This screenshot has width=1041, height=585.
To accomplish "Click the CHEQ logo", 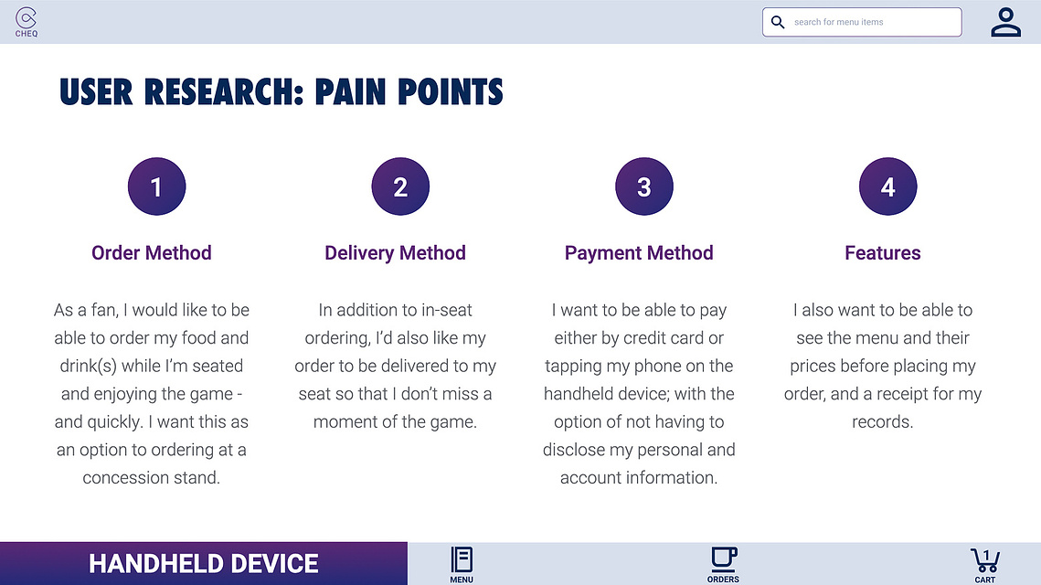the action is [26, 22].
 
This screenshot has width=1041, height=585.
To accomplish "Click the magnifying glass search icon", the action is [778, 22].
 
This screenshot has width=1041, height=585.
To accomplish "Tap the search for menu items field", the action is [862, 22].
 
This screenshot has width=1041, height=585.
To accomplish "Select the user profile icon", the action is [1006, 22].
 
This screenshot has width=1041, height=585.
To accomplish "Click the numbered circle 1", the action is [156, 186].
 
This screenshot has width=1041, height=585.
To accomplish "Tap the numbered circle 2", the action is [400, 186].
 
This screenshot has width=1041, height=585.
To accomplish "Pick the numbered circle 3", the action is [644, 186].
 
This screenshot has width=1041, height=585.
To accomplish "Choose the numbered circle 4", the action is [887, 186].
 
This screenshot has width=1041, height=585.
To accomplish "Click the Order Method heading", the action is [152, 253].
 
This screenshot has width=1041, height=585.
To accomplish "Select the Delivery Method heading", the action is [395, 253].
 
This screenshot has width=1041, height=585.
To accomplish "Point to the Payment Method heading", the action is [639, 253].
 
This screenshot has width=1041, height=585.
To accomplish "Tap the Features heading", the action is [882, 253].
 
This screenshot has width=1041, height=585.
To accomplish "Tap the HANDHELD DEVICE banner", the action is [203, 564].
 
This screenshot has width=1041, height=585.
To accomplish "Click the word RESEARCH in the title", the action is [223, 91].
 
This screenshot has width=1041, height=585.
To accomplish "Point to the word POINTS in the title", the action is [451, 91].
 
